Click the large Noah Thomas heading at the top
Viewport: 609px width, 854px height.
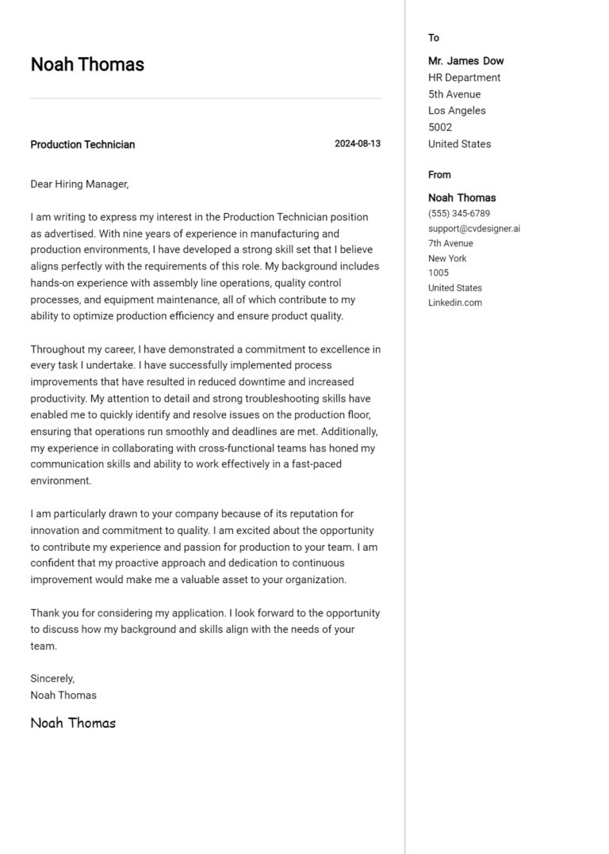click(87, 65)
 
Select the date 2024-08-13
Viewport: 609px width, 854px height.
click(357, 144)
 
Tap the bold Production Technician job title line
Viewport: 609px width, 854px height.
click(82, 144)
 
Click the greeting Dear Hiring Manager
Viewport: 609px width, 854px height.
click(79, 184)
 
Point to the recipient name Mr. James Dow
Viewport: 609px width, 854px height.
click(465, 61)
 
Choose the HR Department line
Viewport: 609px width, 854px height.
click(464, 78)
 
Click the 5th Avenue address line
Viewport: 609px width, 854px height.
click(454, 94)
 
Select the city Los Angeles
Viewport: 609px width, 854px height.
click(457, 111)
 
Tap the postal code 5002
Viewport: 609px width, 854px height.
click(440, 128)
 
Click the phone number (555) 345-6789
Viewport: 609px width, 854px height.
click(459, 214)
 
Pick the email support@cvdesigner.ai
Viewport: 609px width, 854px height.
click(474, 229)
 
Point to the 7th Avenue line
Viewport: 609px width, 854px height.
click(450, 243)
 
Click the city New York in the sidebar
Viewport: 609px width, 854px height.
click(447, 258)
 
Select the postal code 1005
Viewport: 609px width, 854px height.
click(439, 273)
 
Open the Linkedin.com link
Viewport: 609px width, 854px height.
click(455, 303)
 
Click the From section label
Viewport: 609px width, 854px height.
click(439, 174)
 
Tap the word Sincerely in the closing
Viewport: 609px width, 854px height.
click(52, 678)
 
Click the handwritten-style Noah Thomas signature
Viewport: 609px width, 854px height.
click(73, 722)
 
